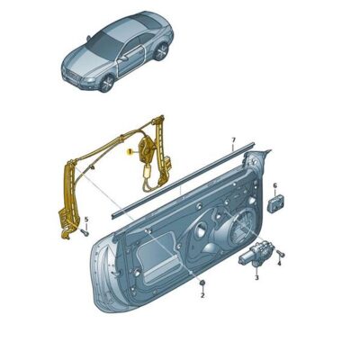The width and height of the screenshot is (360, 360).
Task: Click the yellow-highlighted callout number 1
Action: pos(131,153)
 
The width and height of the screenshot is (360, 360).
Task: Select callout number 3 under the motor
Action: pos(256,278)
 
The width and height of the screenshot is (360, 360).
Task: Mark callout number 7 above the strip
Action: pos(232,140)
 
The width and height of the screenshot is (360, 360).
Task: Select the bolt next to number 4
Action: pos(280,253)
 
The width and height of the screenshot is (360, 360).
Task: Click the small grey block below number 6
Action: pos(274,202)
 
